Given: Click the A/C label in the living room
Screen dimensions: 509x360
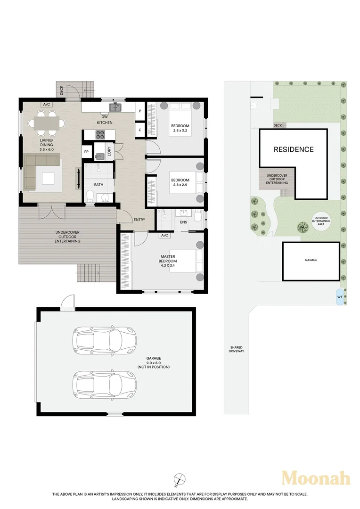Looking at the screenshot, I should click(x=47, y=105).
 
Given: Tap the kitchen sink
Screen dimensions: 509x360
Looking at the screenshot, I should click(x=116, y=107).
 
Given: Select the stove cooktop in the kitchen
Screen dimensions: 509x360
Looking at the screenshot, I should click(x=100, y=135).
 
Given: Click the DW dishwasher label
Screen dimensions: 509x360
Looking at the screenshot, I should click(x=105, y=117).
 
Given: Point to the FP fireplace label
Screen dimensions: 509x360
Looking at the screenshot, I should click(x=86, y=152).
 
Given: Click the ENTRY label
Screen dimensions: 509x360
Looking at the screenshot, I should click(x=139, y=220).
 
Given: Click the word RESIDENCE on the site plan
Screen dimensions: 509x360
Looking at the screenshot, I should click(x=294, y=149).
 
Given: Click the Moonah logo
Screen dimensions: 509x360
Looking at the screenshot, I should click(x=316, y=478).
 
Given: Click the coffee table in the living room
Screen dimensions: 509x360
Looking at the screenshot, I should click(x=49, y=178).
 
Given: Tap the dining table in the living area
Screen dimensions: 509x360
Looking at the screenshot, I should click(x=47, y=123).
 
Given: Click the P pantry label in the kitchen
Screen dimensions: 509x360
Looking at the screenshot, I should click(x=140, y=112).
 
